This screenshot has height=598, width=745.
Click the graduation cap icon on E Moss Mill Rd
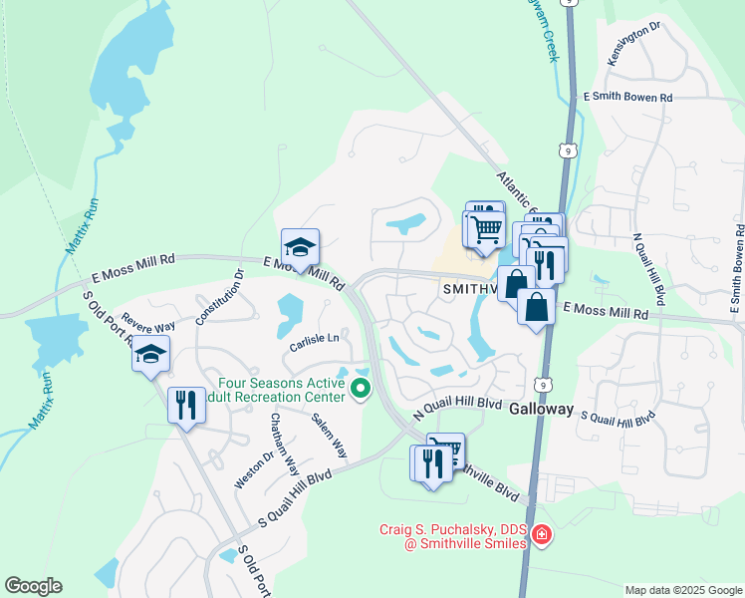pyautogui.click(x=299, y=247)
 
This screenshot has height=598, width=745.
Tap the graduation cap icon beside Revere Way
pyautogui.click(x=150, y=354)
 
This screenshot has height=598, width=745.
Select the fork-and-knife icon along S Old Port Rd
pyautogui.click(x=186, y=406)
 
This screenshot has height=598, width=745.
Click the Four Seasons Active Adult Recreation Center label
pyautogui.click(x=283, y=390)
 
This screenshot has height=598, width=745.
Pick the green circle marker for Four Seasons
pyautogui.click(x=362, y=389)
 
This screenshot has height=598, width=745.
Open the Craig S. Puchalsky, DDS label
pyautogui.click(x=453, y=535)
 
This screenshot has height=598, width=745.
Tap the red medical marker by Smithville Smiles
pyautogui.click(x=541, y=535)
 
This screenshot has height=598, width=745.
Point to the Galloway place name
pyautogui.click(x=542, y=410)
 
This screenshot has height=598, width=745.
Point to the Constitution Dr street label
pyautogui.click(x=220, y=297)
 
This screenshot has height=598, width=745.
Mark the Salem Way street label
pyautogui.click(x=329, y=435)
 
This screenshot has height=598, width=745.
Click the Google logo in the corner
pyautogui.click(x=33, y=586)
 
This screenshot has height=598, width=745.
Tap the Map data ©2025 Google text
pyautogui.click(x=683, y=590)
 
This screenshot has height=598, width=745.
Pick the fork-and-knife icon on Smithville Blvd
pyautogui.click(x=431, y=464)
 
